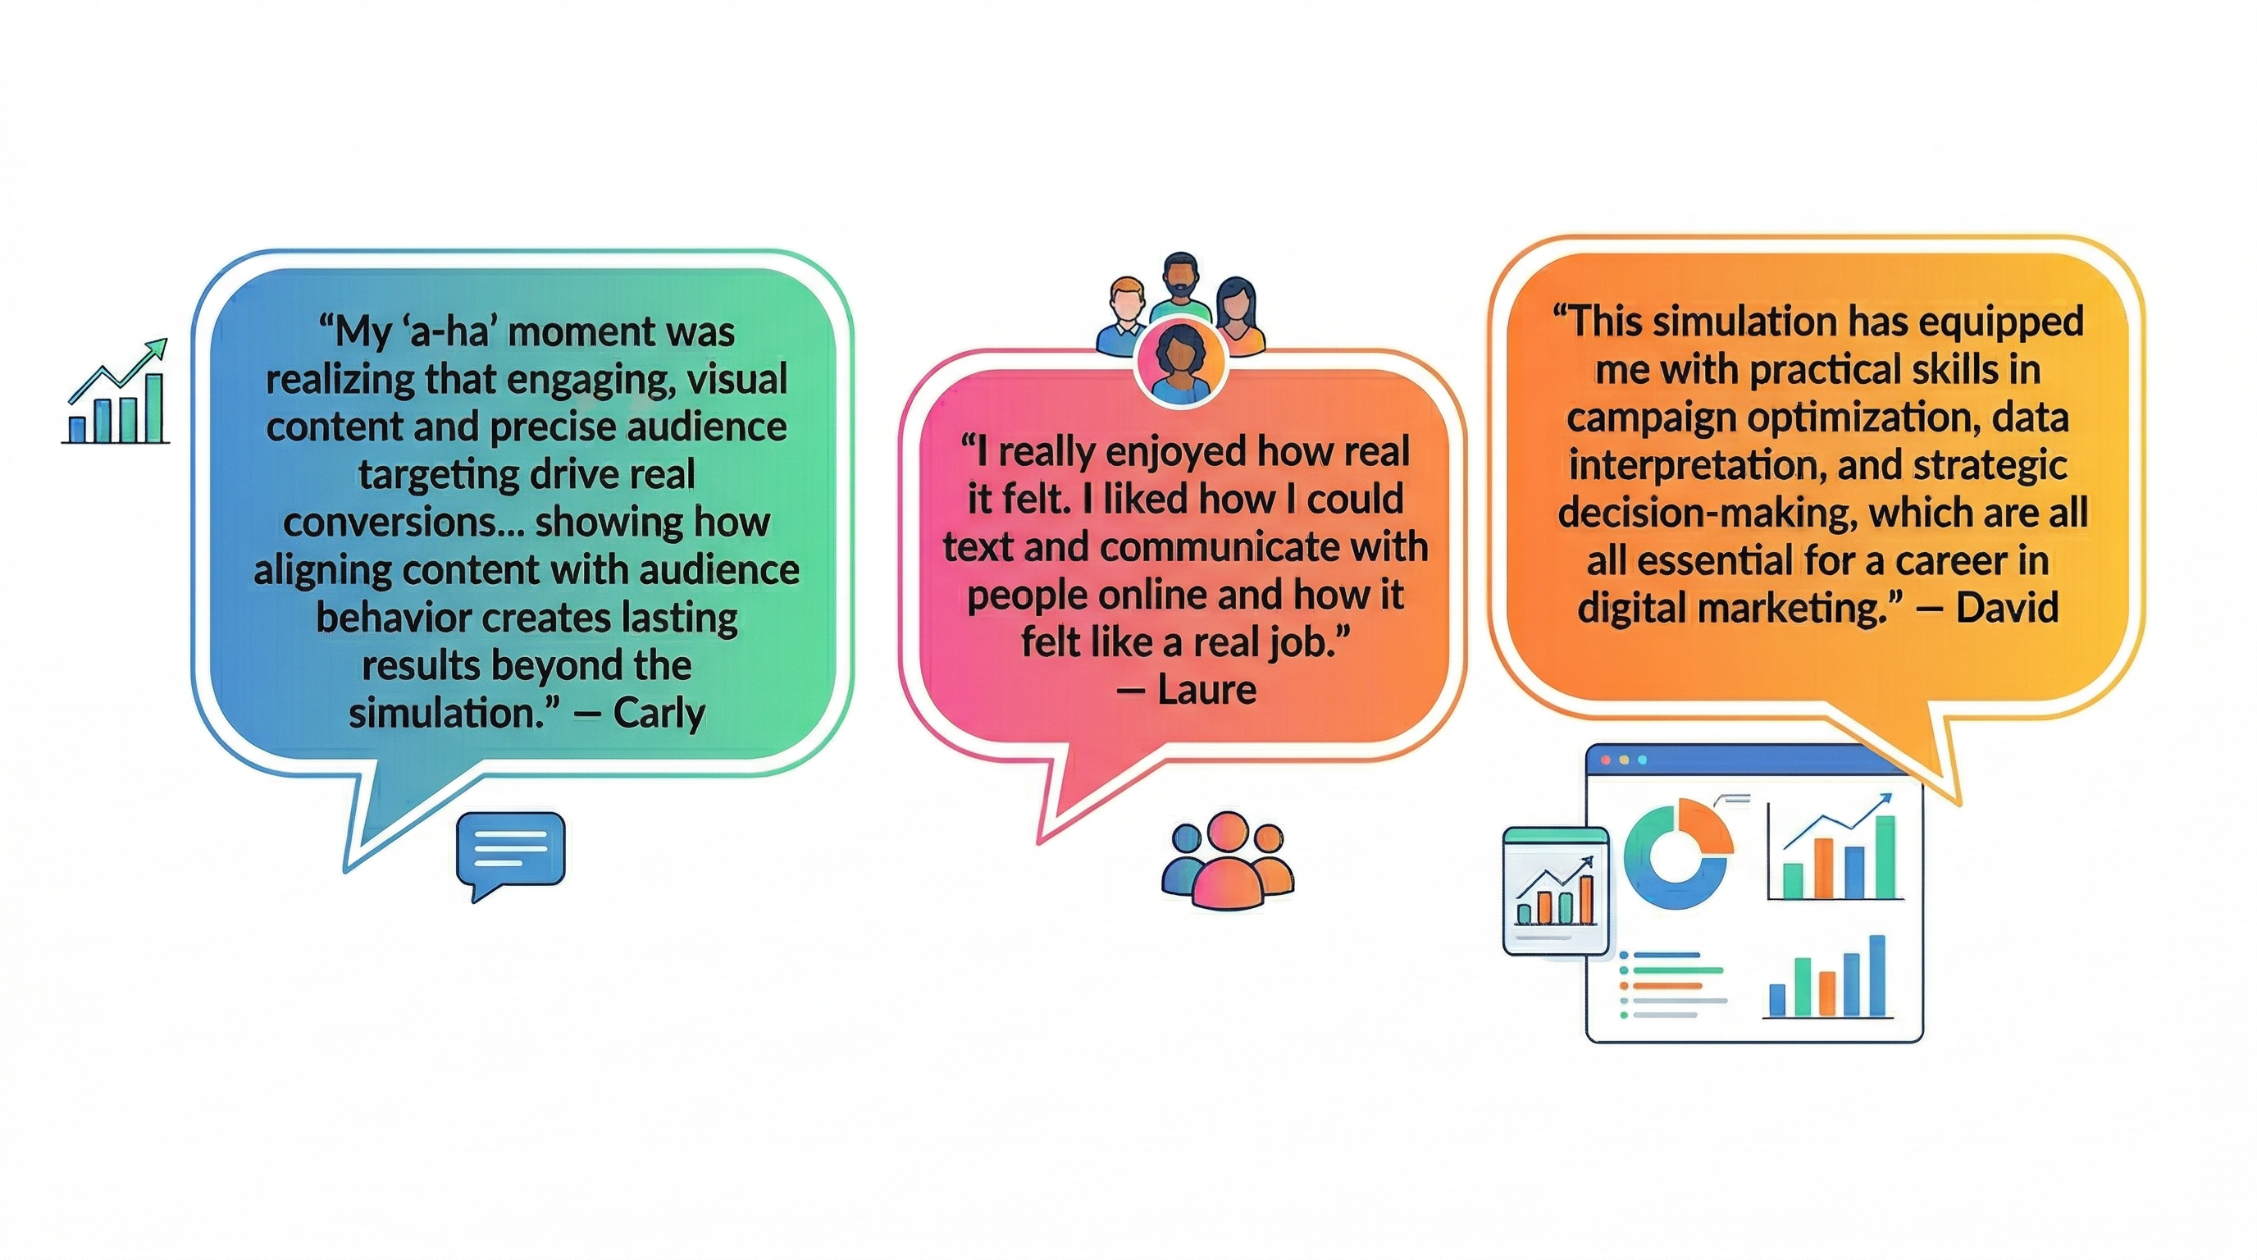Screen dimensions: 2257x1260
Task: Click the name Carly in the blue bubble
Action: pos(659,713)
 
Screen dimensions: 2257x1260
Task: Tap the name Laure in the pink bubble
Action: pos(1207,691)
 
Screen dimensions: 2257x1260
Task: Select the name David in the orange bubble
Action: pos(2008,607)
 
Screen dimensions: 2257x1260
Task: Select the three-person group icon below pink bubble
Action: pos(1227,860)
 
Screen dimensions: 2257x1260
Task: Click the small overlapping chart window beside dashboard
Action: pos(1556,890)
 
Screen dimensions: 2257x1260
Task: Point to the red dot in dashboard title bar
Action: pos(1607,760)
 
